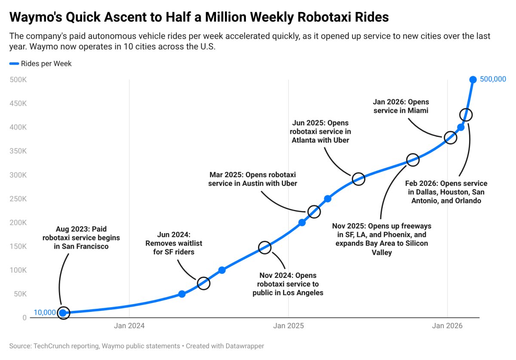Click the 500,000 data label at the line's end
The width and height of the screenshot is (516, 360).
[493, 79]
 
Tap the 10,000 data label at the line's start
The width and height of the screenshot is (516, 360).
[44, 313]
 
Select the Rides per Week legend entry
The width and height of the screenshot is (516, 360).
[46, 64]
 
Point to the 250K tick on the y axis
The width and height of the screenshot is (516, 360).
[18, 199]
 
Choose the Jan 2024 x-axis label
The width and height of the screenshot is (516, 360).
[129, 326]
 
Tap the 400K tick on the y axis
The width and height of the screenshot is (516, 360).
[18, 127]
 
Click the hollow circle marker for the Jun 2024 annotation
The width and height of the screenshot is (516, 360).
[203, 283]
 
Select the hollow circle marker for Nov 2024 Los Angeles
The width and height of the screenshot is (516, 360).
[265, 247]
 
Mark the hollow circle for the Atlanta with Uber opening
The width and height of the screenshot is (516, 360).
[358, 179]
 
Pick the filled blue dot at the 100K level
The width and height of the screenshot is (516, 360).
[222, 270]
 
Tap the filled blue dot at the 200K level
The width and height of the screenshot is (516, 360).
[302, 222]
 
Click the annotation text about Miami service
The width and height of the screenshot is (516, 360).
[401, 106]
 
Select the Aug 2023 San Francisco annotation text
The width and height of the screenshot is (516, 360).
[81, 238]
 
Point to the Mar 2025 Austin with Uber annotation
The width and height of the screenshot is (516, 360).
[253, 179]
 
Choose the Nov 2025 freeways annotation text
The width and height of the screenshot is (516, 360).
[381, 239]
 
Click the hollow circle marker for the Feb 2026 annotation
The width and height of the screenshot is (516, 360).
[466, 115]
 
